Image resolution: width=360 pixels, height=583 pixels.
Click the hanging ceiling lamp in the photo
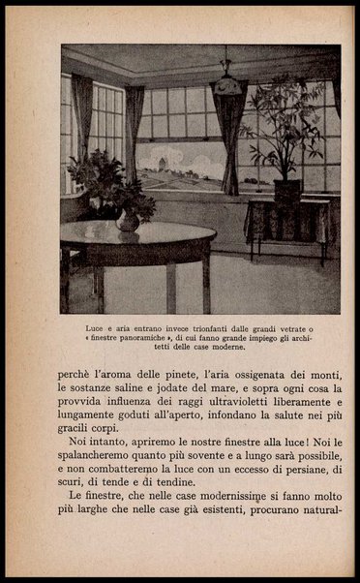coord(228,85)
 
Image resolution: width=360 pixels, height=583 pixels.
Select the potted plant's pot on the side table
coord(287,190)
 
